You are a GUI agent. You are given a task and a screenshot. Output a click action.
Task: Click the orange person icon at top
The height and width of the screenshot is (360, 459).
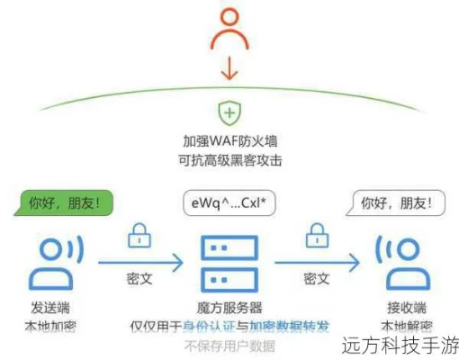tap(229, 28)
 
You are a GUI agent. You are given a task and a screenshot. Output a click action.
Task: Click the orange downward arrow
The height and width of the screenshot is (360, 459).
tap(229, 68)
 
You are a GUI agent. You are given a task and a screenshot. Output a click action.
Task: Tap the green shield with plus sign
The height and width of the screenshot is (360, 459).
tap(229, 113)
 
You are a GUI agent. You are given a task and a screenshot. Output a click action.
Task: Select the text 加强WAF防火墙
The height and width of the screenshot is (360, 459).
tap(229, 142)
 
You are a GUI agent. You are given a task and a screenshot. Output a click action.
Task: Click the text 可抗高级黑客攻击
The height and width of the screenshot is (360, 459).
tap(229, 161)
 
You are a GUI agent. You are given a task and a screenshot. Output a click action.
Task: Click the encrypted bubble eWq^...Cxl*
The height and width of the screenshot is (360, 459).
tap(229, 202)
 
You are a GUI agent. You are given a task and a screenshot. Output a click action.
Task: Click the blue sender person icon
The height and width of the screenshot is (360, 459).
tap(50, 260)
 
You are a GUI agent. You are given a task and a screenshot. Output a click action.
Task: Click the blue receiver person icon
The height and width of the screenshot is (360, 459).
tap(395, 261)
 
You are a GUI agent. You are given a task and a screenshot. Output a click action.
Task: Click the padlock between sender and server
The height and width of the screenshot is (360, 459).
tap(139, 238)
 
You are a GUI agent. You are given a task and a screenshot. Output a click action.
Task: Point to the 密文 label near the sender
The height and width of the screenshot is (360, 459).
tap(139, 278)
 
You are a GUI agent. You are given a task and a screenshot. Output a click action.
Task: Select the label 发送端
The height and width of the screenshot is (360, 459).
tap(50, 306)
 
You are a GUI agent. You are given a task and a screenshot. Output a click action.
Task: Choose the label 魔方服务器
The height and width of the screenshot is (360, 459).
tap(229, 307)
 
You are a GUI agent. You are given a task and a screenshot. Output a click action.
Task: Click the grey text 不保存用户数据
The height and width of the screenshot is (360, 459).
tap(229, 346)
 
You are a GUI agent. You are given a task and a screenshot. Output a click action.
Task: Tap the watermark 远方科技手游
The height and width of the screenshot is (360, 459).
tap(400, 345)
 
